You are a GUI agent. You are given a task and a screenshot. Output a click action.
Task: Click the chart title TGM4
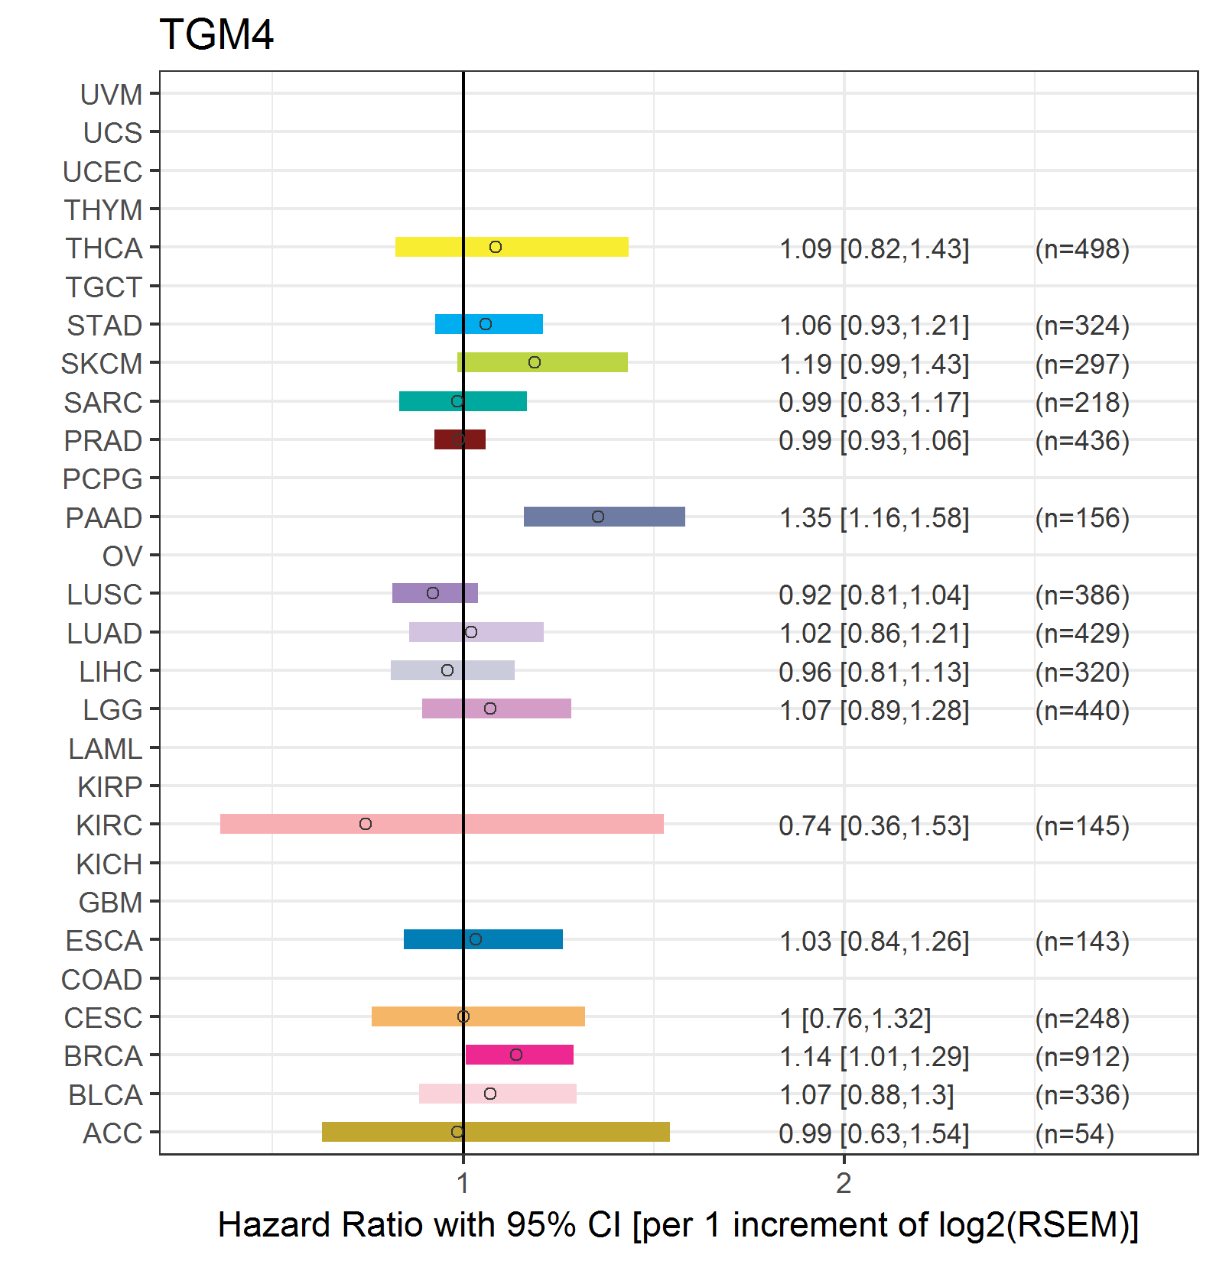[x=216, y=35]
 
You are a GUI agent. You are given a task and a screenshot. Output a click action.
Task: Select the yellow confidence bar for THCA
[x=512, y=247]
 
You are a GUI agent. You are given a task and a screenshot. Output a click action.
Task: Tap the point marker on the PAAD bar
[x=598, y=517]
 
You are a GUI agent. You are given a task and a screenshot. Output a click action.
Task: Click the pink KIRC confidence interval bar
[x=442, y=824]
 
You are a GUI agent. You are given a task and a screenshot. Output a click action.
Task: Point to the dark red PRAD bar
[x=460, y=439]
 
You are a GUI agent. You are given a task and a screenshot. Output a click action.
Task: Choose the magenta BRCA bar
[x=519, y=1055]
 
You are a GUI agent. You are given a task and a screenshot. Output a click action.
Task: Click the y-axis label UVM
[x=112, y=95]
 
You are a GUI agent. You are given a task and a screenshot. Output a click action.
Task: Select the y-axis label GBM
[x=111, y=903]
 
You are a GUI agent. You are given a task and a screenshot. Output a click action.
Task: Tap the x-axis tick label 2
[x=844, y=1183]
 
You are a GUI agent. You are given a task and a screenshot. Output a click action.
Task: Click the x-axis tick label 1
[x=463, y=1183]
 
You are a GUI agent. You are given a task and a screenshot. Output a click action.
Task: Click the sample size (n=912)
[x=1082, y=1056]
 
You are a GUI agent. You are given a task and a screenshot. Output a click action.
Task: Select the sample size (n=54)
[x=1075, y=1133]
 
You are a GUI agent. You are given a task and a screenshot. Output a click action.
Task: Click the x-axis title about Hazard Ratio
[x=678, y=1225]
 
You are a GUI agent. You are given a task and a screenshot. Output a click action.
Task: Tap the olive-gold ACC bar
[x=496, y=1132]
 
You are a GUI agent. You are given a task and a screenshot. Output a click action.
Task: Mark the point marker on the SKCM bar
[x=535, y=362]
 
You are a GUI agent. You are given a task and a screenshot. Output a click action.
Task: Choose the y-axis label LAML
[x=106, y=749]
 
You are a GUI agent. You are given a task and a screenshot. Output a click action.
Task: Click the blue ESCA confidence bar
[x=483, y=939]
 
